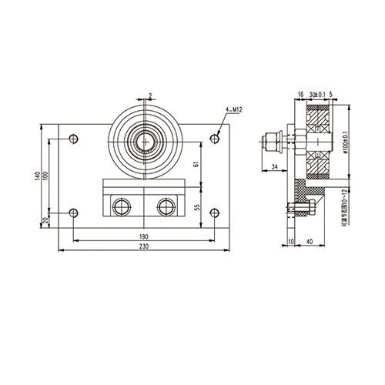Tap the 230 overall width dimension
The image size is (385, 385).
pos(146,245)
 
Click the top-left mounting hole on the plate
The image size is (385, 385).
pos(72,139)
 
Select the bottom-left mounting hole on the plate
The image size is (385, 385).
pos(72,213)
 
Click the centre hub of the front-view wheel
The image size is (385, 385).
pos(146,140)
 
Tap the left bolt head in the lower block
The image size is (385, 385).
pos(121,206)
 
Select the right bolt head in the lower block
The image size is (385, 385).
pos(164,206)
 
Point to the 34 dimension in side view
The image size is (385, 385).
pos(276,166)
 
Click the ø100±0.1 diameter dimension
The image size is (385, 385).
pos(343,143)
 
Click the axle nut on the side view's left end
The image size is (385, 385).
pos(271,142)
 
